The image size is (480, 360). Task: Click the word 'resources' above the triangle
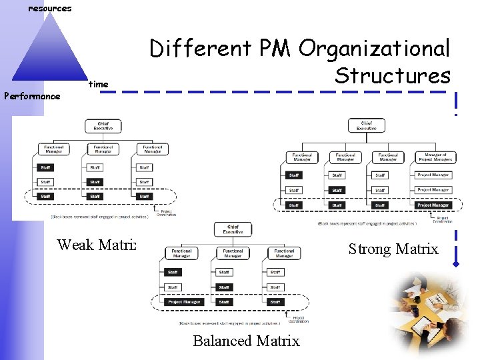point(49,9)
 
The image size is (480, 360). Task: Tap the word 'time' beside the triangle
point(98,85)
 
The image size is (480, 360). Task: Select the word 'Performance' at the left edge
point(32,96)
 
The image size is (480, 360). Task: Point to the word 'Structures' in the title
point(392,75)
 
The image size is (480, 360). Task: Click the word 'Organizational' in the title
point(375,49)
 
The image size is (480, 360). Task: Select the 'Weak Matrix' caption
point(97,244)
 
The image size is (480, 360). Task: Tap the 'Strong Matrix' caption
point(393,249)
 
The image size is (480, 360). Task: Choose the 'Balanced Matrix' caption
point(246,341)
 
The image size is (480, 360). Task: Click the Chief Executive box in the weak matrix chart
point(103,125)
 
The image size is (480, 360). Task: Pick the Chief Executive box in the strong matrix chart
point(366,125)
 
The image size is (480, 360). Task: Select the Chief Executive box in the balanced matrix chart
point(233,230)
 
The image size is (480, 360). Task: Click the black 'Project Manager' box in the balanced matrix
point(184,302)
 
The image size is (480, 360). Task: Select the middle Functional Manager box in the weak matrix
point(103,149)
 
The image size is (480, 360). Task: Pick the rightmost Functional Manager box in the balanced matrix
point(284,253)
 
